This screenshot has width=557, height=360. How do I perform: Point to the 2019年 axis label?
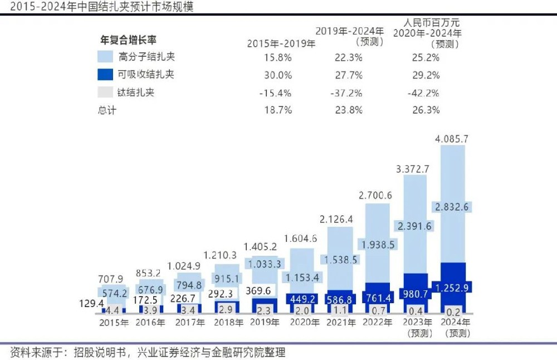(264, 323)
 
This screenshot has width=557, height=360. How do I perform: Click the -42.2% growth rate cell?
(424, 93)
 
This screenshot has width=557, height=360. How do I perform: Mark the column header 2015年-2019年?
(281, 43)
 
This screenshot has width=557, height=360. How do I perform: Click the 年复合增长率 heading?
(128, 40)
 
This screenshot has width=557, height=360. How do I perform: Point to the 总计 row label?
(107, 110)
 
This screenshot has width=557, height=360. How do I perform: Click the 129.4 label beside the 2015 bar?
(90, 303)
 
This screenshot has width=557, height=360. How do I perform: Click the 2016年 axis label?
(150, 323)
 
